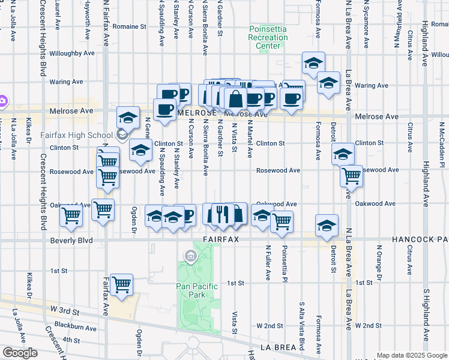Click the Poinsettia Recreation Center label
coord(268,37)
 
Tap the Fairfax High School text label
coord(77,135)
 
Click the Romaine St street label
coord(129,26)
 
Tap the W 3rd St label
coord(65,309)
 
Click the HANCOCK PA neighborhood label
coord(420,239)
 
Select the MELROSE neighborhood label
coord(196,112)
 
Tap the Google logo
coord(20,353)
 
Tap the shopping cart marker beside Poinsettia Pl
coord(282,221)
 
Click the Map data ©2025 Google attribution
coord(412,355)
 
